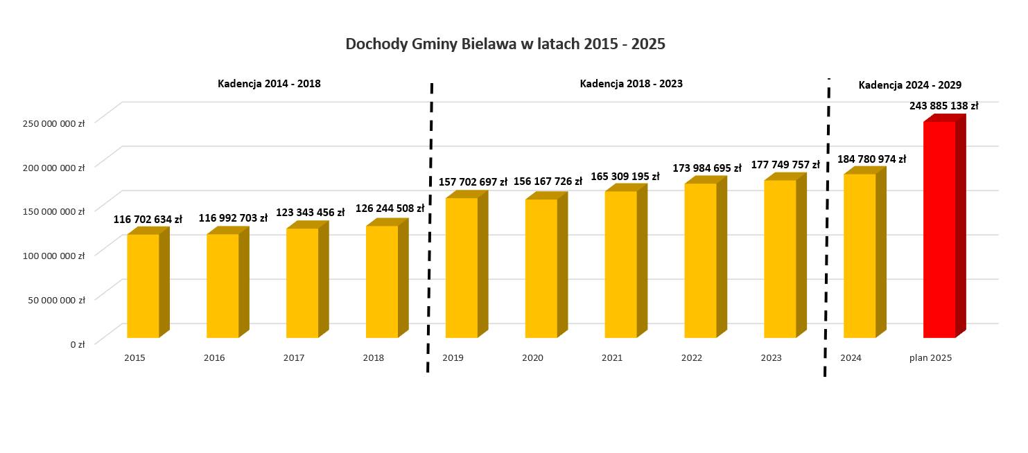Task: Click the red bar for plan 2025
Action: (x=939, y=229)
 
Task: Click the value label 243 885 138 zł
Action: (x=943, y=106)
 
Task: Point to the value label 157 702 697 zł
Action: (x=473, y=182)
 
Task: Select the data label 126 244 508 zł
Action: (x=390, y=208)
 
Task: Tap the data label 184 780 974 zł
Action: (x=871, y=159)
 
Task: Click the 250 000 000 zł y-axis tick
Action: (x=53, y=123)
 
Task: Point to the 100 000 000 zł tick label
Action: (x=53, y=256)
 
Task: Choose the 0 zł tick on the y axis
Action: (x=77, y=344)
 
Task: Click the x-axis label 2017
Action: (x=294, y=358)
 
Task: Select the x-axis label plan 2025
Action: (x=930, y=358)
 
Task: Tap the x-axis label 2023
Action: (x=771, y=358)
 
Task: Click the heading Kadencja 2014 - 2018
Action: (x=269, y=84)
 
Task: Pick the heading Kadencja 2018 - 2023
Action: (x=631, y=84)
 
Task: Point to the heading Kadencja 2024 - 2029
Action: (x=909, y=85)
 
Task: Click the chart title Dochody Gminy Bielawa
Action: (x=505, y=44)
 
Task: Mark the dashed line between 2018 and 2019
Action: (x=430, y=229)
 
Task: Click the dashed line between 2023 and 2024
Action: (x=827, y=229)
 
